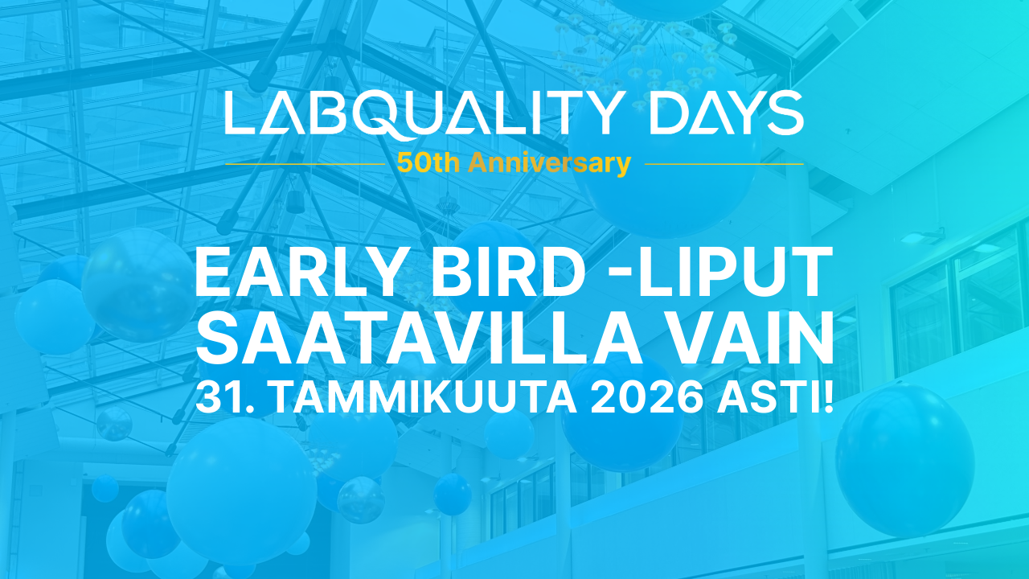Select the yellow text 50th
pos(428,163)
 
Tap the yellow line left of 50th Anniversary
pos(305,164)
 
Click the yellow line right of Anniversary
pos(724,164)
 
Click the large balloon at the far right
pos(905,459)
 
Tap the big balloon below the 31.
pos(242,490)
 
